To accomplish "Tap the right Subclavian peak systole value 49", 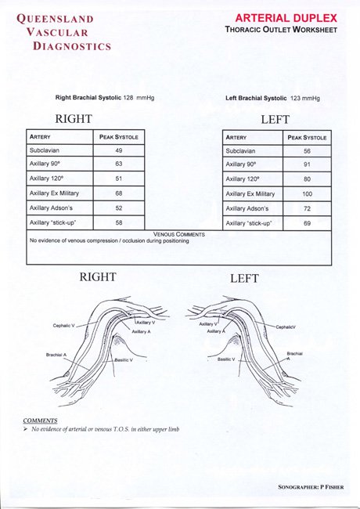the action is pos(119,150).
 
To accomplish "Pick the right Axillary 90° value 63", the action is pos(119,164).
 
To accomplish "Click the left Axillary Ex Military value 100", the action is pos(307,193).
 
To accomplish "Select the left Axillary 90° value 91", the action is pos(307,164).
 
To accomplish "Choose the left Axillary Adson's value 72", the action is pos(307,208).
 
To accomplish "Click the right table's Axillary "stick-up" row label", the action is pos(52,223).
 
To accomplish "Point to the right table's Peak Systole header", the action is pos(119,136).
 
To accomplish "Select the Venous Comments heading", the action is pos(179,234).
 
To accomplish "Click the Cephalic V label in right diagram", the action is pos(64,325).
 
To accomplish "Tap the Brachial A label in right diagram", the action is pos(56,355).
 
